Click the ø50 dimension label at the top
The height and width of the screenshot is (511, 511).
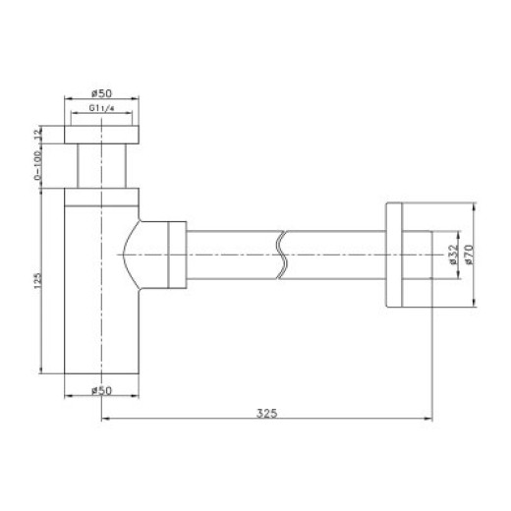click(101, 93)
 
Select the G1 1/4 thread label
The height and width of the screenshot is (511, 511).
click(101, 108)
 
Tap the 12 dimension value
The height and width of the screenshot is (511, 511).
click(38, 134)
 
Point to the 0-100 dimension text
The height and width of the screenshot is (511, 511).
click(38, 165)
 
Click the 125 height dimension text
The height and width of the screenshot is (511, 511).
click(38, 281)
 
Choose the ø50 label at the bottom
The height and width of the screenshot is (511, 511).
click(101, 390)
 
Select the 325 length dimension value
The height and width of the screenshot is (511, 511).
click(266, 414)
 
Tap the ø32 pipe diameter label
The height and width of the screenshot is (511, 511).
click(453, 255)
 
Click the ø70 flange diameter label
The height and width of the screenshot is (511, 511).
click(469, 255)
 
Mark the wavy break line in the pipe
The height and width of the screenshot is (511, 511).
click(281, 255)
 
